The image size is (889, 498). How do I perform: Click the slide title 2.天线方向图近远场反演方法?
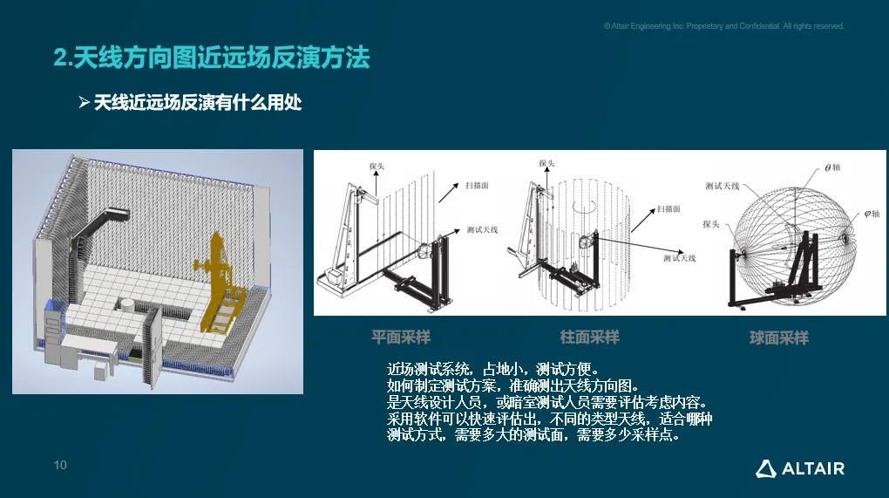212,58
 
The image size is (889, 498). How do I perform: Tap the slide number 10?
60,466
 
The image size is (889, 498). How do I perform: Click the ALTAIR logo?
799,468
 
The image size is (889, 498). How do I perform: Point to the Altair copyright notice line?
723,26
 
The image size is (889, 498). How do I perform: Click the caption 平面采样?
401,337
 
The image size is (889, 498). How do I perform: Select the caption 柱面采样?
589,337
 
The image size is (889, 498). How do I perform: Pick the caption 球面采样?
778,338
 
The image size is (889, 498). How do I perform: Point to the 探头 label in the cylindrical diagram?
546,163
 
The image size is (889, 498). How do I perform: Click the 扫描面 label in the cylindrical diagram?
668,209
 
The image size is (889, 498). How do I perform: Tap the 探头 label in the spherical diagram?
710,223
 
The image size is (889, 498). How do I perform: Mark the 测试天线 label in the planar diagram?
482,229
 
